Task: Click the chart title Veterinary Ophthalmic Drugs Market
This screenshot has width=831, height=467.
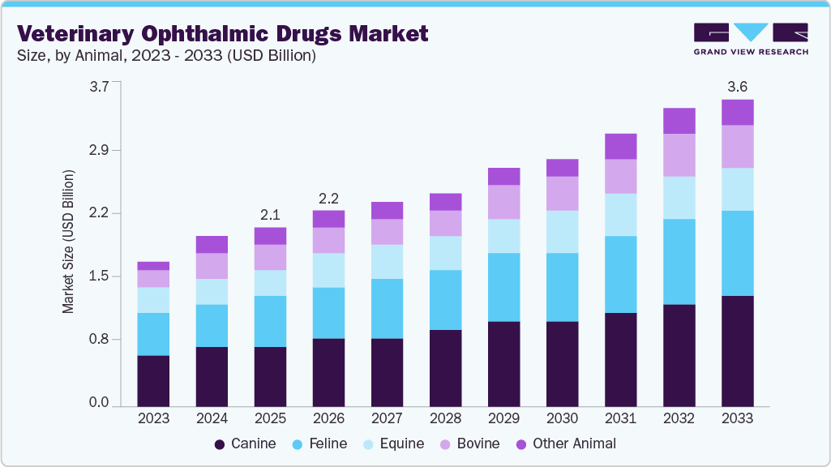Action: point(222,33)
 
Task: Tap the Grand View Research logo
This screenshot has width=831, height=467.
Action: point(750,39)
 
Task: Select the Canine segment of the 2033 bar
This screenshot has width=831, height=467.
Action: point(737,350)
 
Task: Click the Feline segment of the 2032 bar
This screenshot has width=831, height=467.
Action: point(679,261)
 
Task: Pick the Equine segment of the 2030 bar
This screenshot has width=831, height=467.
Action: point(562,231)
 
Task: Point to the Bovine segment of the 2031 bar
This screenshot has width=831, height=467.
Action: point(620,176)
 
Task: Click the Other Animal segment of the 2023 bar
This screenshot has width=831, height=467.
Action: point(153,266)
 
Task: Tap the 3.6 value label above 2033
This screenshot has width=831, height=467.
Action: point(737,87)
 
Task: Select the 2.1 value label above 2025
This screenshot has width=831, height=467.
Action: point(270,215)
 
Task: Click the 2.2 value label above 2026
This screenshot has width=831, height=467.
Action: point(328,198)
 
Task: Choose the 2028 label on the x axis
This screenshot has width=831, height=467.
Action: point(445,418)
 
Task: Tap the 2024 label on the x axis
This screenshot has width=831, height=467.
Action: point(212,418)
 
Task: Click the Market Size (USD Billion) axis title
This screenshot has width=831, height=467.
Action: point(69,242)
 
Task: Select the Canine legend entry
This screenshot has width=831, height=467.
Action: point(245,443)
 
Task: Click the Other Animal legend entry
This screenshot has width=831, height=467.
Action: point(566,443)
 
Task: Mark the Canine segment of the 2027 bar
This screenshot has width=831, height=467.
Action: point(387,371)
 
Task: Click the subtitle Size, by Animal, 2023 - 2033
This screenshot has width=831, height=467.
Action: point(166,57)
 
